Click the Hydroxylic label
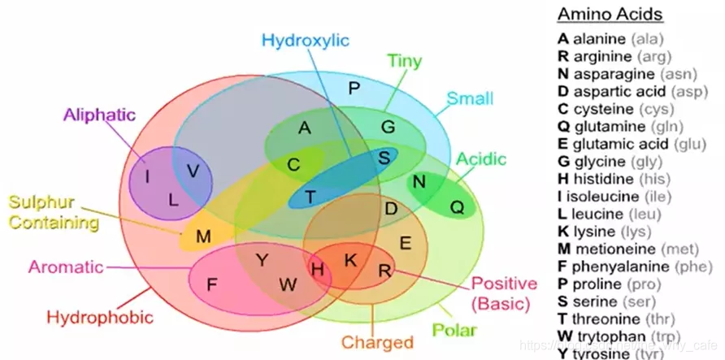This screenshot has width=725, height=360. (306, 40)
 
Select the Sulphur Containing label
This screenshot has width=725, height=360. (54, 210)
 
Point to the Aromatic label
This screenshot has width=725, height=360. (66, 266)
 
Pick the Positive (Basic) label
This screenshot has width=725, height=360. (504, 293)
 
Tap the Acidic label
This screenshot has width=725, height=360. (480, 158)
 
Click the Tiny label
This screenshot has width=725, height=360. (404, 60)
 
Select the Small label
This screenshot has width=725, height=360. (470, 98)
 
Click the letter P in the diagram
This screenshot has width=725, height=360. (353, 88)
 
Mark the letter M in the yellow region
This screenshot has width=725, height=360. (203, 236)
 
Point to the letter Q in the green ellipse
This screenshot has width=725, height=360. (457, 207)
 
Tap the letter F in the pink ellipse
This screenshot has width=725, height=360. (211, 284)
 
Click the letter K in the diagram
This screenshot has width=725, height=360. (350, 260)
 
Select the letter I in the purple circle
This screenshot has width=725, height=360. (147, 176)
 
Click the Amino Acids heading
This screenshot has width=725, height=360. (610, 15)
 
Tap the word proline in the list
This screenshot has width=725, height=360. (597, 284)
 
